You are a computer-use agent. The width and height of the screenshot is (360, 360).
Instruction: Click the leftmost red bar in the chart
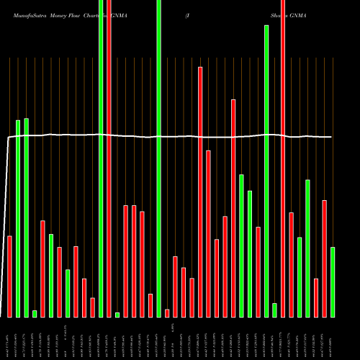10,276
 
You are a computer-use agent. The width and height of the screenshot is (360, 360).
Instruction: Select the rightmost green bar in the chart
333,282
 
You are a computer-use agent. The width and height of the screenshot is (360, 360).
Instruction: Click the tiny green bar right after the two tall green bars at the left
35,313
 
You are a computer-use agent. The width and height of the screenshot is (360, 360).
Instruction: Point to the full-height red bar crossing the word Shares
283,144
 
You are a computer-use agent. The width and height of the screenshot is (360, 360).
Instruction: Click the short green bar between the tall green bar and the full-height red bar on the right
274,310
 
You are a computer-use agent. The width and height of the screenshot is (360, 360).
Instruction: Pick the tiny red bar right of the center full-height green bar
167,312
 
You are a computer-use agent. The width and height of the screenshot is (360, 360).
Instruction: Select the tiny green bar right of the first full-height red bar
117,315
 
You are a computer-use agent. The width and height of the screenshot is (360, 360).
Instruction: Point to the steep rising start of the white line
6,216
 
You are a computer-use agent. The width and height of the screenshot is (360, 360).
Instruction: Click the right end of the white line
331,137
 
